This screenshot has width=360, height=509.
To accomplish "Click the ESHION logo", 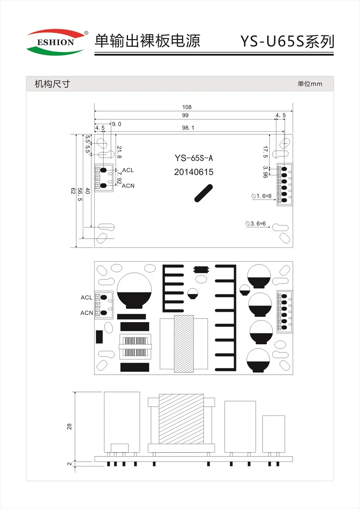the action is click(56, 42).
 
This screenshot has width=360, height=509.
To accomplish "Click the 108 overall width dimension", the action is click(187, 107).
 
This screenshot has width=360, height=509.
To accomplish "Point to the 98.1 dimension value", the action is click(188, 128).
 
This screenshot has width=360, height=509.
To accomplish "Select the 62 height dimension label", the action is click(73, 190).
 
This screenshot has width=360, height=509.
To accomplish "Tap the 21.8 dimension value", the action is click(119, 152).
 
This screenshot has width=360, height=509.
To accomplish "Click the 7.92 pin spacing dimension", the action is click(119, 178).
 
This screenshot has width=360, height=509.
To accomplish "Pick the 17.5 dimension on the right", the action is click(265, 152).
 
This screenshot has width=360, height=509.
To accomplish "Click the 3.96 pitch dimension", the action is click(265, 172).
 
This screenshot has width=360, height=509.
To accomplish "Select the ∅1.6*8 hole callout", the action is click(262, 196).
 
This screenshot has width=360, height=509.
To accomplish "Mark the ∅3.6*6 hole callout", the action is click(256, 224).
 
